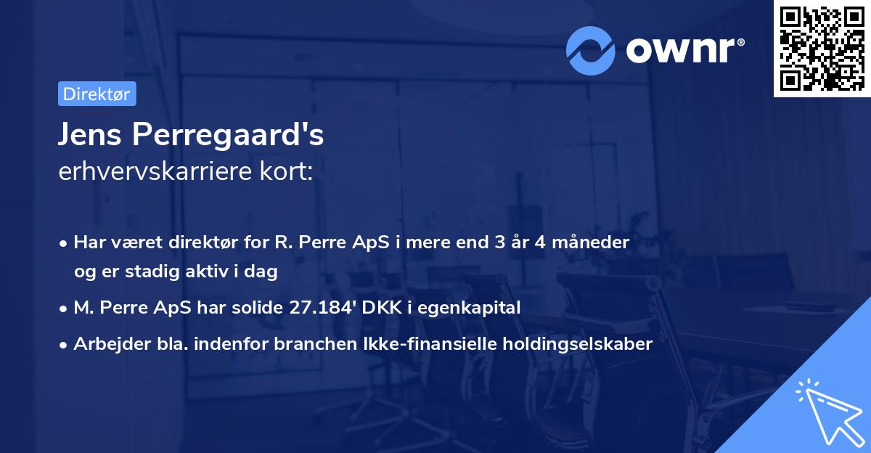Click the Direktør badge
tap(97, 94)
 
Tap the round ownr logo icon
tap(591, 49)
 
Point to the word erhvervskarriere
tap(153, 172)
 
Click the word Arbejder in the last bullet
tap(106, 343)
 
